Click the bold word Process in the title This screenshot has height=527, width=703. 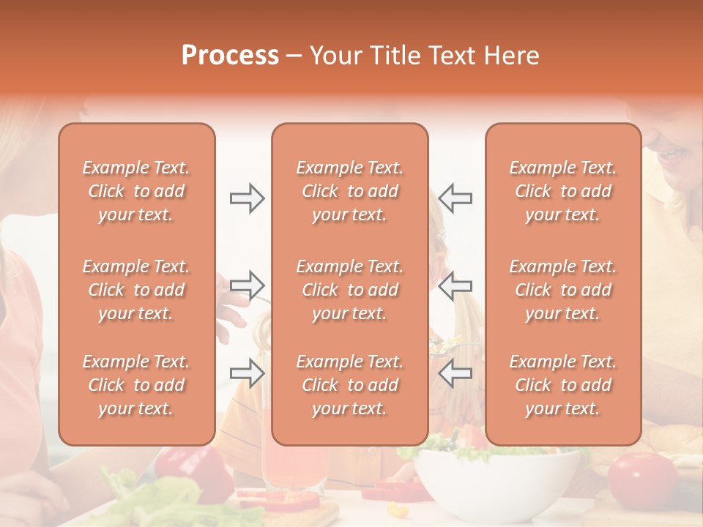tap(230, 56)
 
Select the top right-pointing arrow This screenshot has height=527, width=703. tap(248, 198)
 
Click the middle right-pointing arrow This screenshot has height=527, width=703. tap(248, 284)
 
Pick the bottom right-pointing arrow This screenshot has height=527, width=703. tap(248, 373)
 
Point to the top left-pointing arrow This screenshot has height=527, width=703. tap(455, 198)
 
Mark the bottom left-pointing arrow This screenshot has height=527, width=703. tap(455, 373)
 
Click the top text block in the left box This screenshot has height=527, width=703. tap(136, 191)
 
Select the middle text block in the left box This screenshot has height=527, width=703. tap(136, 290)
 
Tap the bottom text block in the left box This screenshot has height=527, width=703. tap(136, 385)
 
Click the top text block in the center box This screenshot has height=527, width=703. tap(350, 191)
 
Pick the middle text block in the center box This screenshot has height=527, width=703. tap(350, 290)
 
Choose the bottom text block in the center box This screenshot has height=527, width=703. tap(350, 385)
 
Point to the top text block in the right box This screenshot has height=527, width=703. tap(563, 191)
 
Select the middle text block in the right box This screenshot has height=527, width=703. tap(563, 290)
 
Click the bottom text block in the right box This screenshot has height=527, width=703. tap(563, 385)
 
